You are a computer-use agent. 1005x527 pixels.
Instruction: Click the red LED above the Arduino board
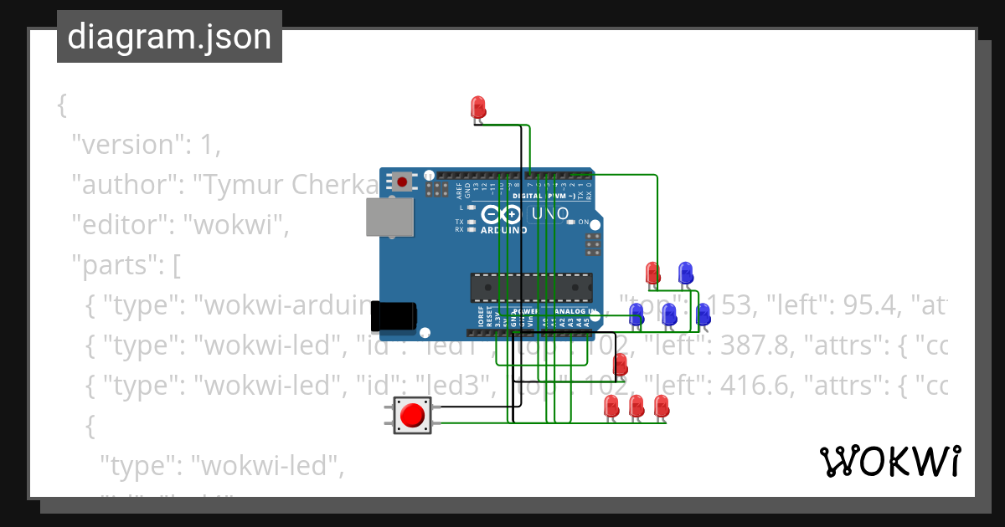478,107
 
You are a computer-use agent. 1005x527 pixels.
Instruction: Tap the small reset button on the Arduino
403,182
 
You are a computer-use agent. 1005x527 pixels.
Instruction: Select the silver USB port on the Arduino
390,217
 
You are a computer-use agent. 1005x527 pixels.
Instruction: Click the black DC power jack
394,315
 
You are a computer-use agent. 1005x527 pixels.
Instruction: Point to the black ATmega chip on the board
530,286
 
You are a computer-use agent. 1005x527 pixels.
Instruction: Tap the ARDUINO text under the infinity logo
503,230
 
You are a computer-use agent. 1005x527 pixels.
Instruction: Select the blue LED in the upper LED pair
685,272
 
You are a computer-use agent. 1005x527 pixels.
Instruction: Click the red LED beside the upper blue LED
652,273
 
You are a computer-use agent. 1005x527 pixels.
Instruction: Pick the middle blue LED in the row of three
669,315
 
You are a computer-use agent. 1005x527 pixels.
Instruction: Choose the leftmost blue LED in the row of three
636,315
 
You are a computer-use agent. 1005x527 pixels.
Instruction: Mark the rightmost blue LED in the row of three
703,315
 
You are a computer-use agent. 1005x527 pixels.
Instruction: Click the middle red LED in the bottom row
636,406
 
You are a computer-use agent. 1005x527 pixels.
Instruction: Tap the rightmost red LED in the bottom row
661,406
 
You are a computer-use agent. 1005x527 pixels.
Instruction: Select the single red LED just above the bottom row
620,364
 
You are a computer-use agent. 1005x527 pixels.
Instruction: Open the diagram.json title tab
169,37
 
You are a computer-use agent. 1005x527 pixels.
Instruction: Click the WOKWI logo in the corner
889,461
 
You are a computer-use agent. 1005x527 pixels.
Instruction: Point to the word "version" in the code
125,145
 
